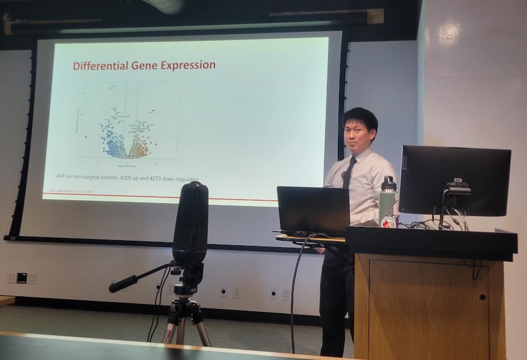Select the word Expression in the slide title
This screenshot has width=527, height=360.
[x=188, y=65]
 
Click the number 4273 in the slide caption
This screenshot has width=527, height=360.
[x=160, y=179]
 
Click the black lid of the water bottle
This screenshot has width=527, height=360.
[x=388, y=183]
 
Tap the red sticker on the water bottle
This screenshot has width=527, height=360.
[x=388, y=222]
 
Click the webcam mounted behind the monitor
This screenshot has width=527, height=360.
[x=458, y=189]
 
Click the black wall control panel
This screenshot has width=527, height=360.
[x=22, y=278]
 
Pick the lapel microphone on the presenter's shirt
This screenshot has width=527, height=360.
[x=342, y=174]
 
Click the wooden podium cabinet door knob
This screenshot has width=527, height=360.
[x=482, y=297]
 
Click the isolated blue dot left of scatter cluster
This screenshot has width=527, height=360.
[x=86, y=137]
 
